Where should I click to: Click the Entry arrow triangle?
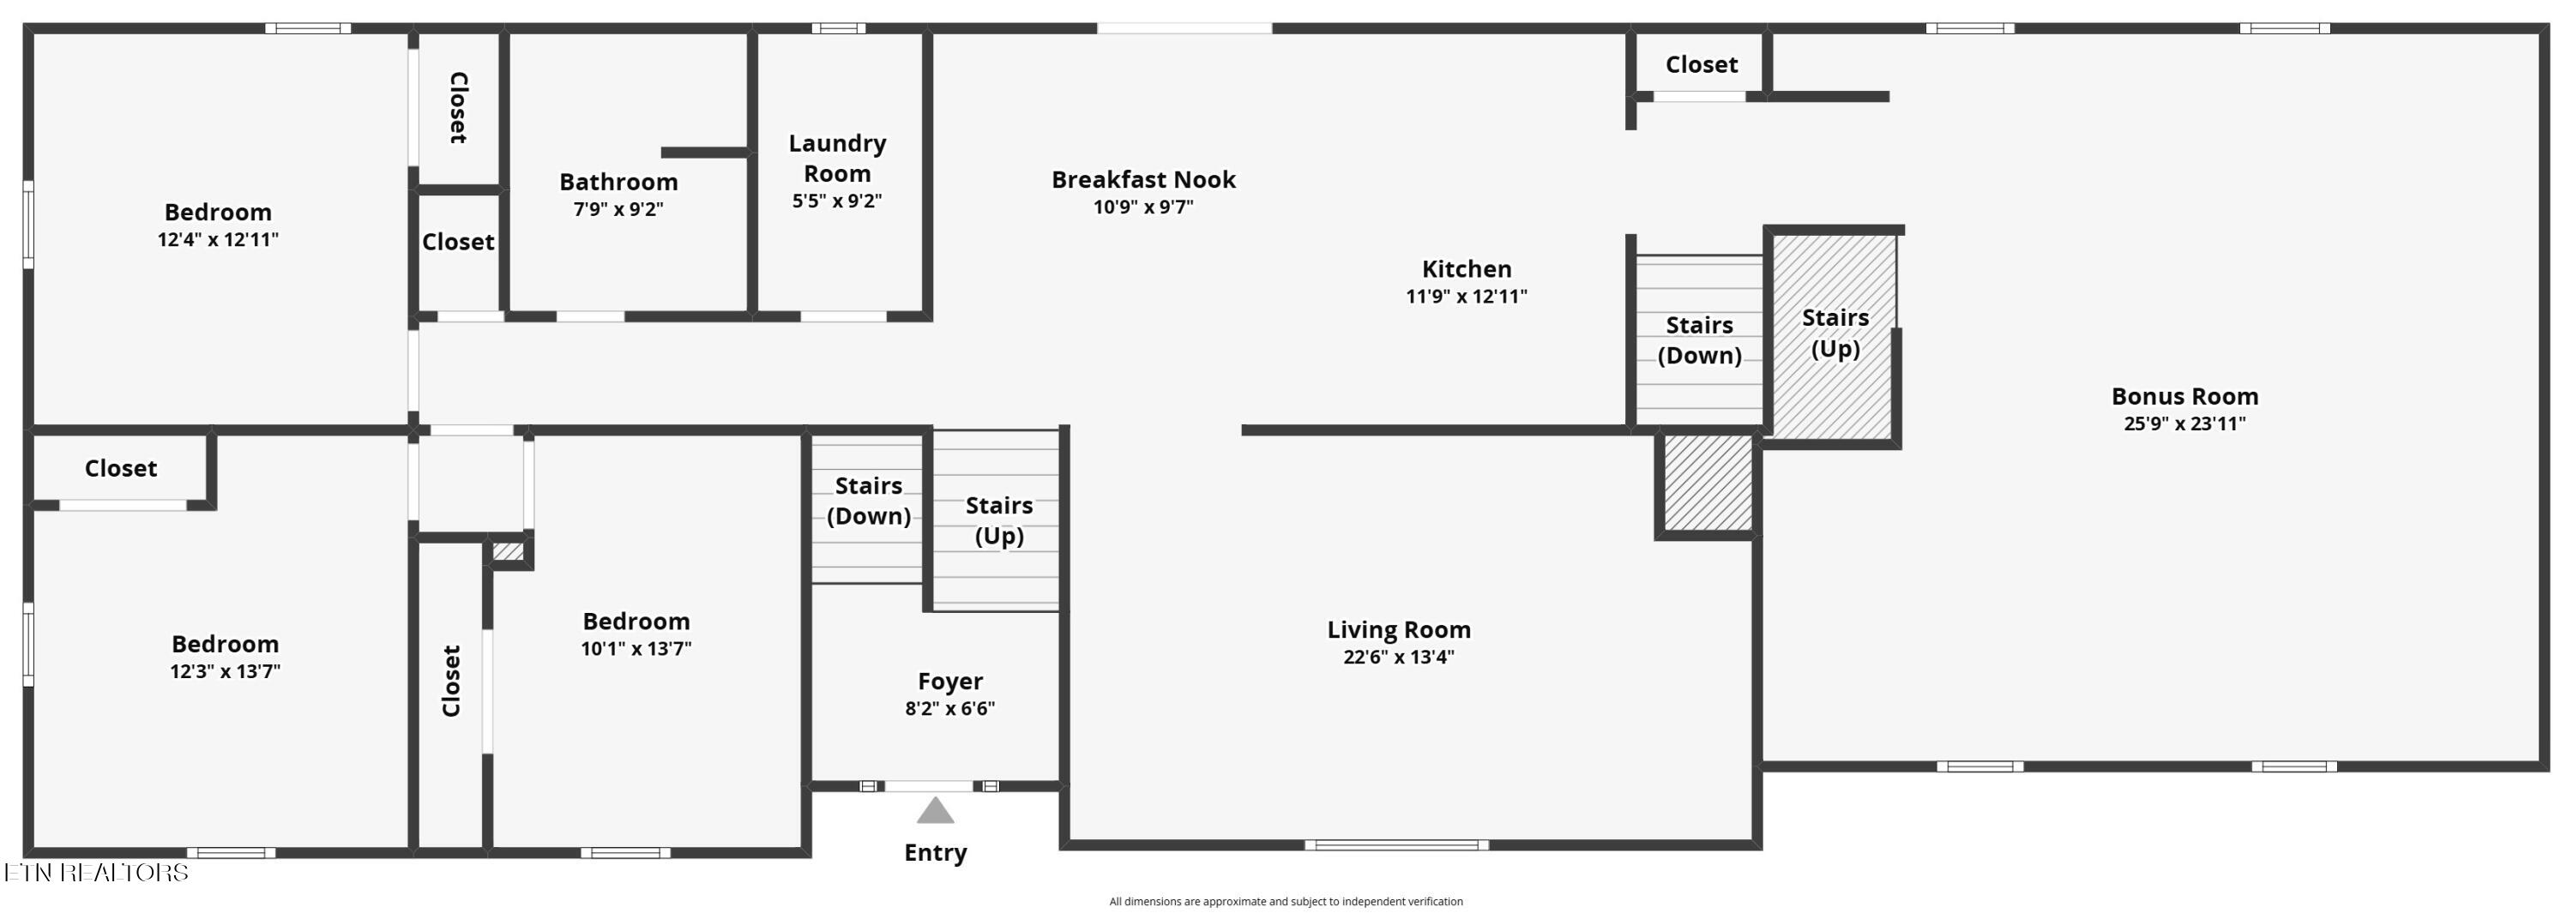(x=935, y=810)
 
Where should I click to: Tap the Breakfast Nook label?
(x=1143, y=180)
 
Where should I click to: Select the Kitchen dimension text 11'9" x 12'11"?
(x=1467, y=296)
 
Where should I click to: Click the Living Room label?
(x=1398, y=629)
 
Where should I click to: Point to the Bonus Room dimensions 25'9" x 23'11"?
(x=2184, y=423)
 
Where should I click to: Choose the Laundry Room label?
(x=837, y=158)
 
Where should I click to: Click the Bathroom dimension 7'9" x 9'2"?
(x=618, y=209)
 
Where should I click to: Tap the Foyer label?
(x=950, y=682)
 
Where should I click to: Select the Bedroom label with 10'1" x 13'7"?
(x=636, y=622)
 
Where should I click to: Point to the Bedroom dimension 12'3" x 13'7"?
(x=225, y=671)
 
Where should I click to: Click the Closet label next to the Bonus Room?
(x=1701, y=65)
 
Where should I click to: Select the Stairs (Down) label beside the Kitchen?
(x=1699, y=340)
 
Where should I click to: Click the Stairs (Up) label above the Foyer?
(x=999, y=520)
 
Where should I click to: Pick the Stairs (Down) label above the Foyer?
(x=868, y=501)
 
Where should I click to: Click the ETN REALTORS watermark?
(x=96, y=872)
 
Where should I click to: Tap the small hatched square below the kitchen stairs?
(x=1708, y=483)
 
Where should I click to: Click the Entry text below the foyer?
(x=935, y=853)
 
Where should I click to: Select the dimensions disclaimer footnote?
(x=1286, y=901)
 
